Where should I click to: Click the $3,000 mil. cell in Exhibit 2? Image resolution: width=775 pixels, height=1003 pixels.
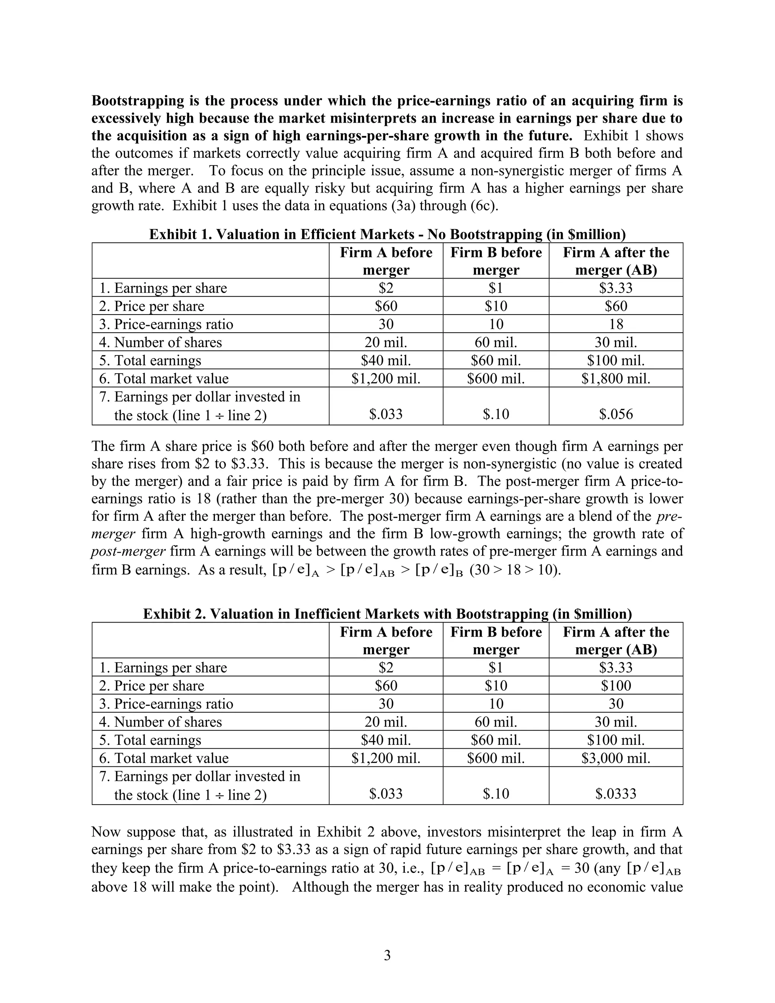[616, 758]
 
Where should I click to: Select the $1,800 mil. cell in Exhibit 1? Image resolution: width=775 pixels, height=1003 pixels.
[616, 378]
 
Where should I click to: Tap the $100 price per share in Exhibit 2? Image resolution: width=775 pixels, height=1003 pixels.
[616, 686]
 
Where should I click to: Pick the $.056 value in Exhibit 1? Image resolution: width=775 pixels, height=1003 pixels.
[616, 414]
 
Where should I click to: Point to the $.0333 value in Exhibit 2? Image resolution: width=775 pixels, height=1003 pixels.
[616, 794]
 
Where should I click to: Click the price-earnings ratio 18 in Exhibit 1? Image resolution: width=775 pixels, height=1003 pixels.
[616, 324]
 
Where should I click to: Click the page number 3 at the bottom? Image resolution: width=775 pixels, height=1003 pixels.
[387, 955]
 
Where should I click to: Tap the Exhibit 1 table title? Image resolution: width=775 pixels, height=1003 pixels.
[387, 235]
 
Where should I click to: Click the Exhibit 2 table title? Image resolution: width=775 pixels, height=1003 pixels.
[387, 614]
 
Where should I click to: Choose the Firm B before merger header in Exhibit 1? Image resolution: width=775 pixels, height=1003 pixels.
[496, 261]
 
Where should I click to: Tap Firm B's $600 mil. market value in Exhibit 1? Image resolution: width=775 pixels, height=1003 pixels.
[496, 378]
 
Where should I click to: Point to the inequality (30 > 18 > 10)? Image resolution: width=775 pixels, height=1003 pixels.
[515, 570]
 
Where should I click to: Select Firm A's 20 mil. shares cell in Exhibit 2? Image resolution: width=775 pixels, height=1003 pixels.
[386, 722]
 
